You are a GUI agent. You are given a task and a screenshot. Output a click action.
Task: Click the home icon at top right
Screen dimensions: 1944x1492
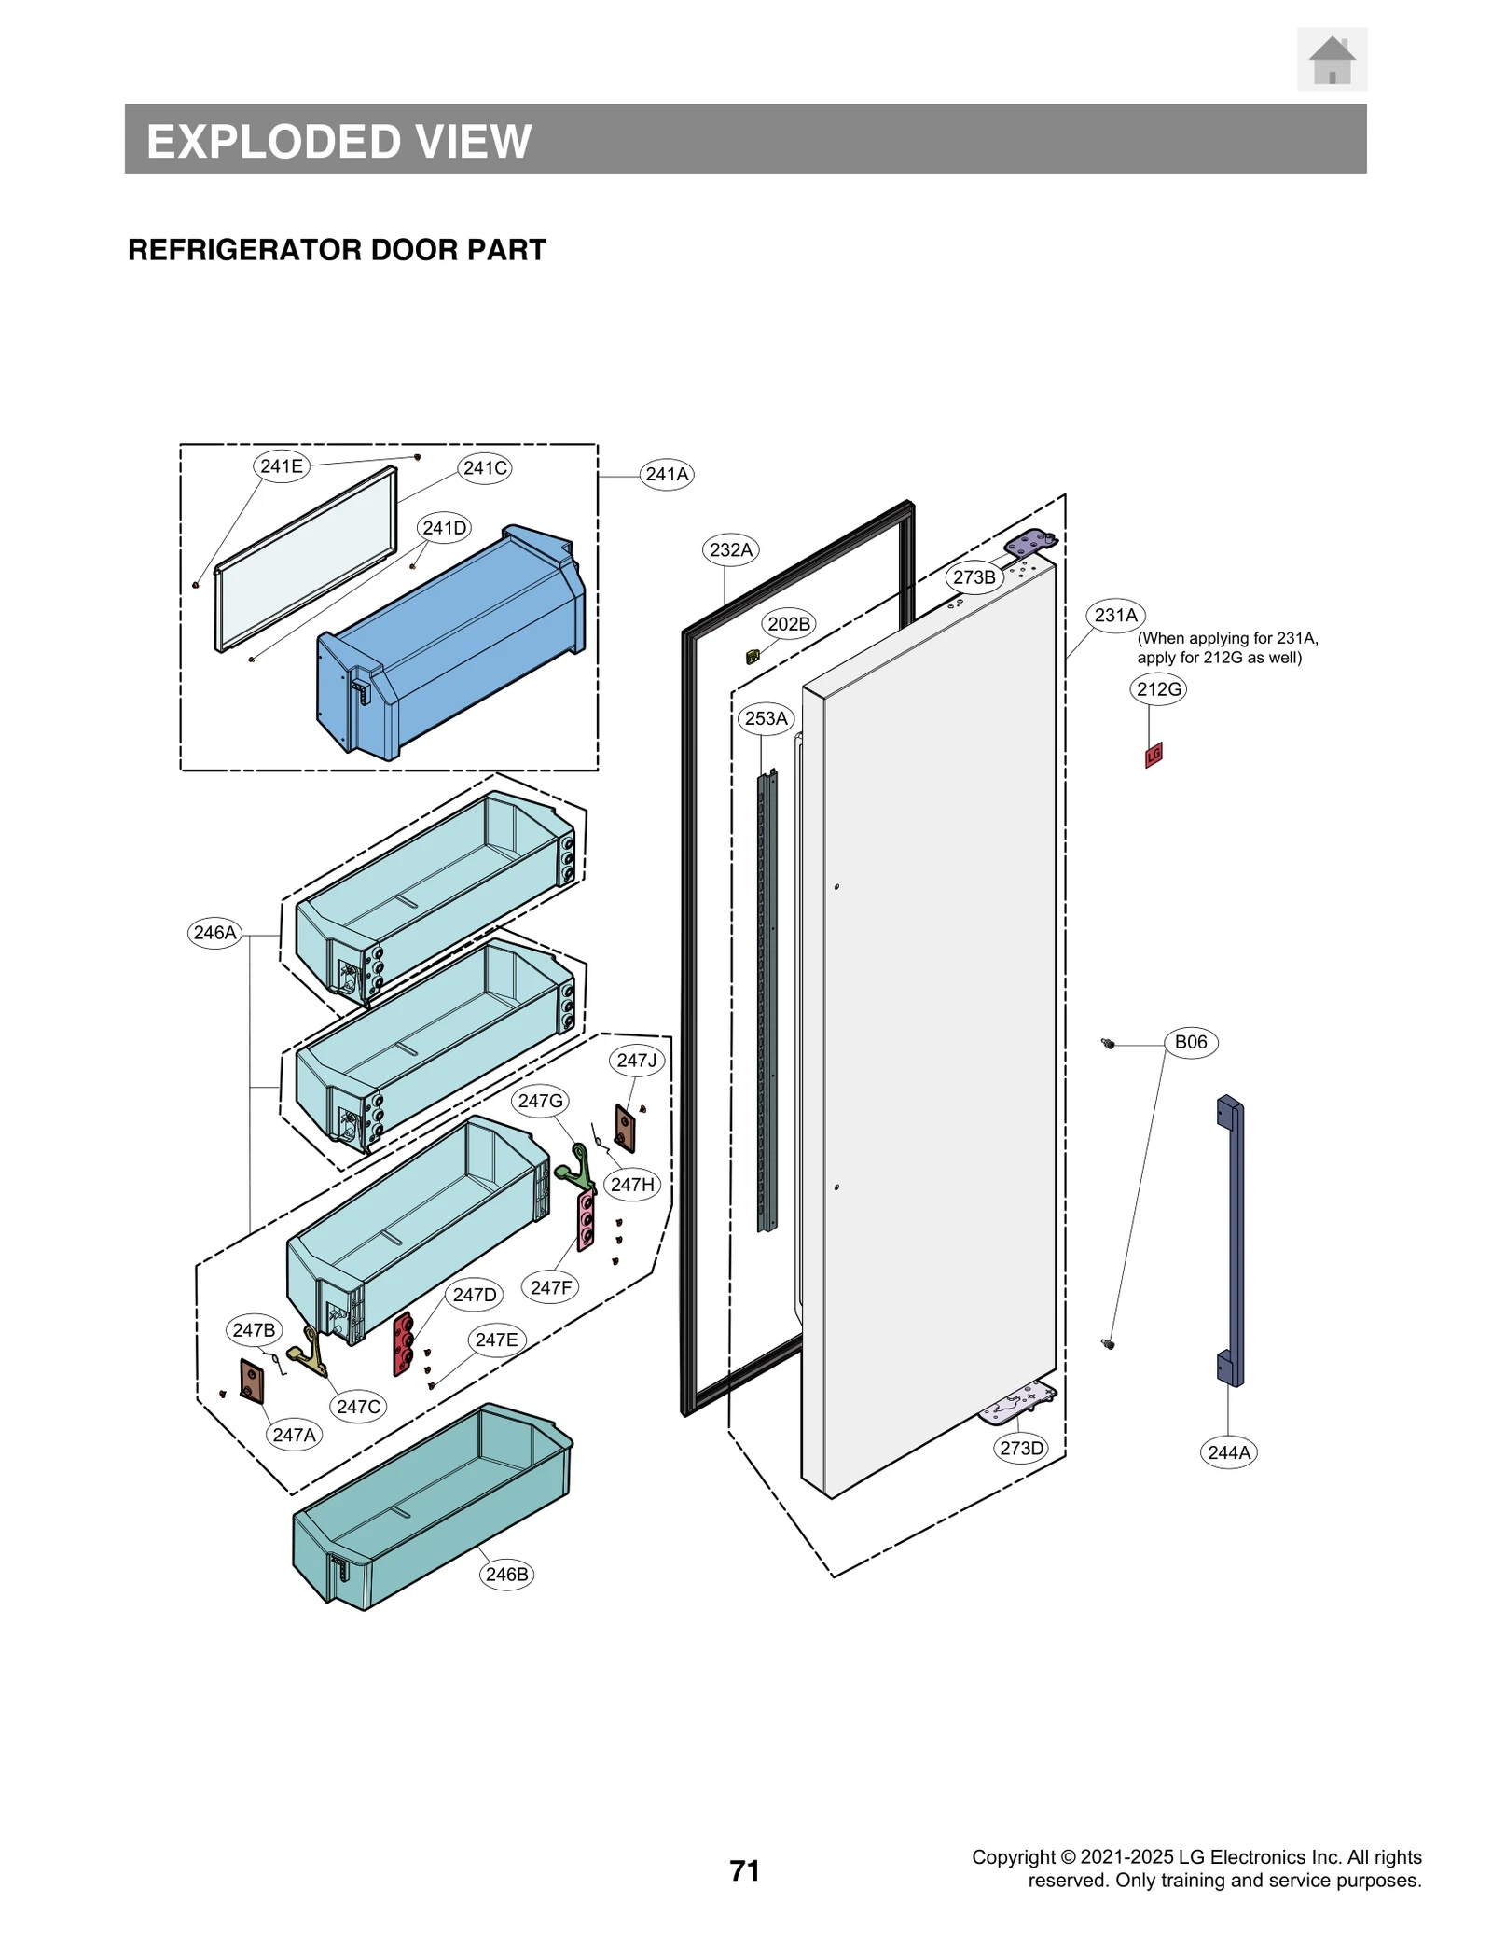tap(1331, 60)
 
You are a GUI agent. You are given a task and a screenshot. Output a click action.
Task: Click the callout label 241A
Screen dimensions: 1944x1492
tap(667, 474)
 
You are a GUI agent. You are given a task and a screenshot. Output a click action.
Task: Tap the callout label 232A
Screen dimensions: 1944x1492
tap(730, 549)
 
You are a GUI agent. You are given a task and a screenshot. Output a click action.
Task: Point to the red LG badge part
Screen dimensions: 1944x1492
tap(1154, 754)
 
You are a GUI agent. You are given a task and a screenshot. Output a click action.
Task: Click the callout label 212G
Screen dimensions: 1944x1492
tap(1158, 689)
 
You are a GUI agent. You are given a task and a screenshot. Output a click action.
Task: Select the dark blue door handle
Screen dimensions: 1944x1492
tap(1230, 1241)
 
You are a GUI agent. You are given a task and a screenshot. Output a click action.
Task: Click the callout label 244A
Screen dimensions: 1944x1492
tap(1228, 1452)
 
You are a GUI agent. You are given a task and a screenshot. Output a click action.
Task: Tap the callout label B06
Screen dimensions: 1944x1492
tap(1190, 1042)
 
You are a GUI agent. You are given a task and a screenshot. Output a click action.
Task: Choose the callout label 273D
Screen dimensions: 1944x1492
tap(1021, 1448)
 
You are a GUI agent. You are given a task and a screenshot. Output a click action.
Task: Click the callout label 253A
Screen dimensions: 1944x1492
tap(766, 718)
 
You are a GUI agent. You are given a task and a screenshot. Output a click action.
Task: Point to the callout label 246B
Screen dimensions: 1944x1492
tap(506, 1574)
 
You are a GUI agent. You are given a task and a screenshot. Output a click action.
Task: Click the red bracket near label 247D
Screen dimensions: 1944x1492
tap(403, 1343)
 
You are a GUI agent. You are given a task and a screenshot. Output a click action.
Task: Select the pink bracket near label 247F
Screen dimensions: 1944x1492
tap(586, 1219)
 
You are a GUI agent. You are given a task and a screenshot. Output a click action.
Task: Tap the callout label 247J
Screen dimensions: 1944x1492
tap(637, 1061)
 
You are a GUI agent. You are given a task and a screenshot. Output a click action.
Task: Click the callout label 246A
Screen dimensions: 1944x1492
tap(214, 933)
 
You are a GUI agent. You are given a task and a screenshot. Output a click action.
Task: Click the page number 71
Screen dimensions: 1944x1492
tap(744, 1870)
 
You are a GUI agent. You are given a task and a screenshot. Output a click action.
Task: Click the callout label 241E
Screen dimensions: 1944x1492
tap(282, 465)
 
